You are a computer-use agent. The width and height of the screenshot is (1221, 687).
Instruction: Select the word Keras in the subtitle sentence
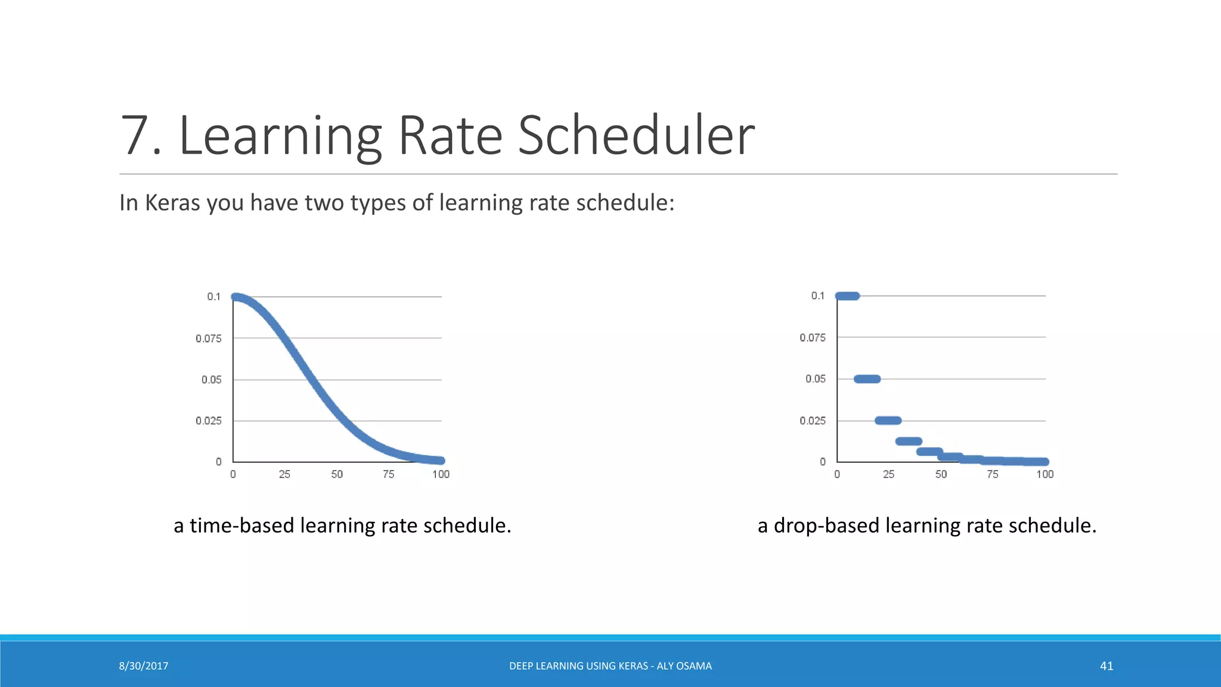point(172,203)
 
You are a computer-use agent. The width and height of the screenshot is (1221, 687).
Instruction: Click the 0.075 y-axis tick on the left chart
point(209,339)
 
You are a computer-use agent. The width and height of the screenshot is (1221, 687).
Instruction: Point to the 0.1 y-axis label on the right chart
point(817,296)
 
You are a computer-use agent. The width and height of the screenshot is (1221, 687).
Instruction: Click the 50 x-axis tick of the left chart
point(337,474)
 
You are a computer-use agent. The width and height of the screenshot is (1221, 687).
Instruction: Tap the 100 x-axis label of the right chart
point(1045,474)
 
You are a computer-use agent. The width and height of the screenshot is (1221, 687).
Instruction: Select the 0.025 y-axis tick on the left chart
point(209,421)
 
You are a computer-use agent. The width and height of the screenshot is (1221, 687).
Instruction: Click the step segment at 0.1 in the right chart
point(847,296)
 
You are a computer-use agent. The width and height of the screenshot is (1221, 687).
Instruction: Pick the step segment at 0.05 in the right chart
point(867,379)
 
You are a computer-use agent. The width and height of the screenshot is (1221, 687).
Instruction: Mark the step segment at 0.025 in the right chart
point(888,420)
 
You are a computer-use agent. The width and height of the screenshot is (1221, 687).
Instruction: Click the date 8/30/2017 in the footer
point(144,666)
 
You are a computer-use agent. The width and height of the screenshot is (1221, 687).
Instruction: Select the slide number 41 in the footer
point(1106,666)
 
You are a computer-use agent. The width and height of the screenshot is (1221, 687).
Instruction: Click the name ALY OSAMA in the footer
point(684,666)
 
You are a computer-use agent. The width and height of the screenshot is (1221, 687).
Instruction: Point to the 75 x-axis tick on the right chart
point(992,474)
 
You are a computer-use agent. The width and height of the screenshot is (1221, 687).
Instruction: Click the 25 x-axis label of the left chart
point(284,474)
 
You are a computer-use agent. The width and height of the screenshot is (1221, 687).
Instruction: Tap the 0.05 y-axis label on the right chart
point(815,379)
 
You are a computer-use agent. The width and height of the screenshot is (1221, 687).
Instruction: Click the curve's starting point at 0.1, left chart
point(235,297)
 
